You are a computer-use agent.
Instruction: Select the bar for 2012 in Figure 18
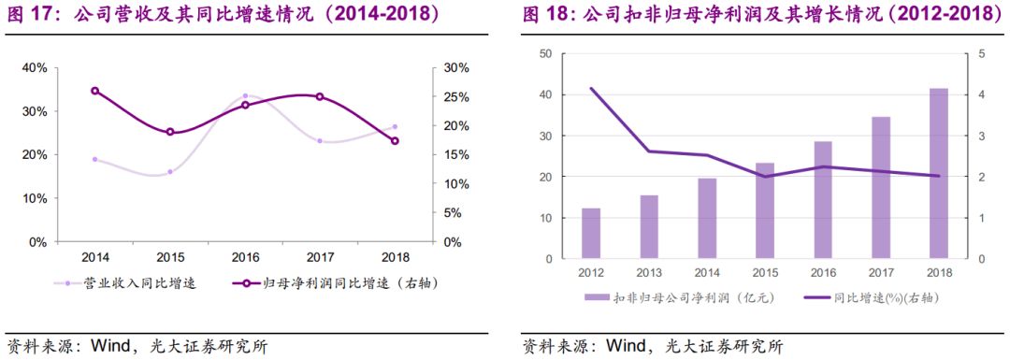coord(591,234)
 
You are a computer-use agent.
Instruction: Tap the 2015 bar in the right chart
coord(764,211)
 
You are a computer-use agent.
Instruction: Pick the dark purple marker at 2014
coord(94,91)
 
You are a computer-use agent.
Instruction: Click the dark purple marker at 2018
coord(395,141)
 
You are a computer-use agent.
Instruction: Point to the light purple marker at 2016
coord(245,96)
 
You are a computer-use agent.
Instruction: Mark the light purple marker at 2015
coord(170,172)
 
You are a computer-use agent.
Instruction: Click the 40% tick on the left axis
coord(34,68)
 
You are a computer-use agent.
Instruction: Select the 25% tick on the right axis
coord(456,97)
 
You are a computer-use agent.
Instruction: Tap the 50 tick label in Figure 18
coord(545,54)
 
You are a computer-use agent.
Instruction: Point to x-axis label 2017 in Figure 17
coord(320,257)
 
